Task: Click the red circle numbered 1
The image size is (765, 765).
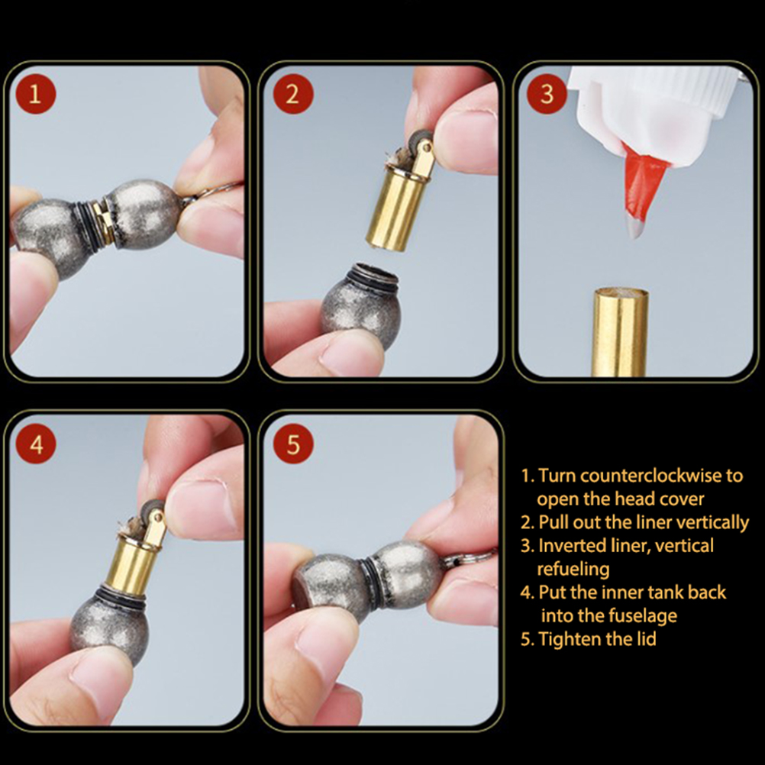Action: click(36, 94)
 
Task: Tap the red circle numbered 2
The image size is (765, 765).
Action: click(292, 94)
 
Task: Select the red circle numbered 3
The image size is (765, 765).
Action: click(547, 94)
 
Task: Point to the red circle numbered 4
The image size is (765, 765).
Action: click(36, 444)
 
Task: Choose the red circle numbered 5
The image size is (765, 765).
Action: click(292, 444)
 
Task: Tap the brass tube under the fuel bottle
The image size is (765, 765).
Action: click(620, 332)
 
